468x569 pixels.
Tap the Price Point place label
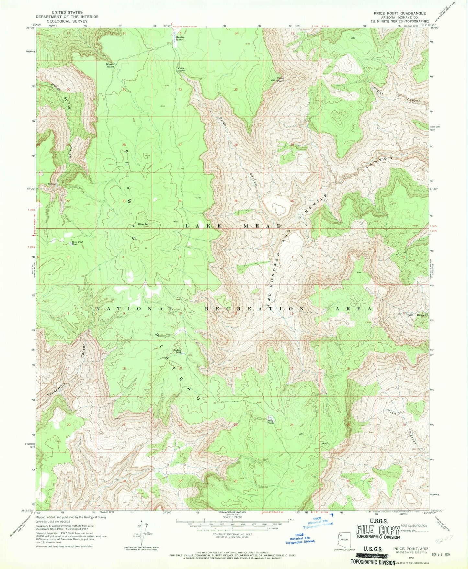click(x=280, y=79)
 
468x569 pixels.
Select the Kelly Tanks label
click(x=270, y=422)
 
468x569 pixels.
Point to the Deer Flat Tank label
click(x=74, y=243)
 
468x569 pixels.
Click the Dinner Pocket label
click(x=110, y=65)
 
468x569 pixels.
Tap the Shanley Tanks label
click(x=180, y=38)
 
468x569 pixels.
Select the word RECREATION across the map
click(x=255, y=309)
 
